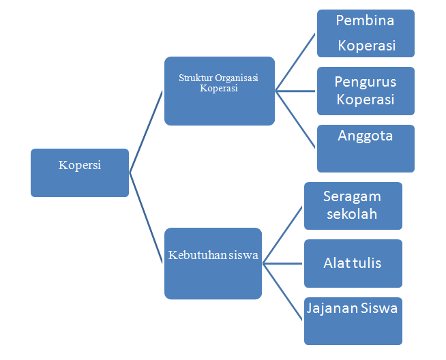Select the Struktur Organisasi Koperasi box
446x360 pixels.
coord(219,91)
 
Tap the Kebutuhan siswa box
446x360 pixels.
coord(213,263)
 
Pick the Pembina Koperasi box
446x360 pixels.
coord(366,33)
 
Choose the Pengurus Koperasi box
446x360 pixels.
coord(366,91)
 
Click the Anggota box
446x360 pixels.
coord(366,148)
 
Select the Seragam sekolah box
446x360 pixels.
coord(353,205)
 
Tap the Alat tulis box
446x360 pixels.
coord(353,263)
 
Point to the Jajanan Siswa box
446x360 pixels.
coord(353,320)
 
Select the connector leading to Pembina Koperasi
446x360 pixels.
coord(296,62)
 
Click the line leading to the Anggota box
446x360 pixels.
coord(296,119)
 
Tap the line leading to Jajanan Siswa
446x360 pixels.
coord(283,292)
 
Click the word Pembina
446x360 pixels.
coord(366,20)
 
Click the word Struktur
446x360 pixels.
coord(194,78)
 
